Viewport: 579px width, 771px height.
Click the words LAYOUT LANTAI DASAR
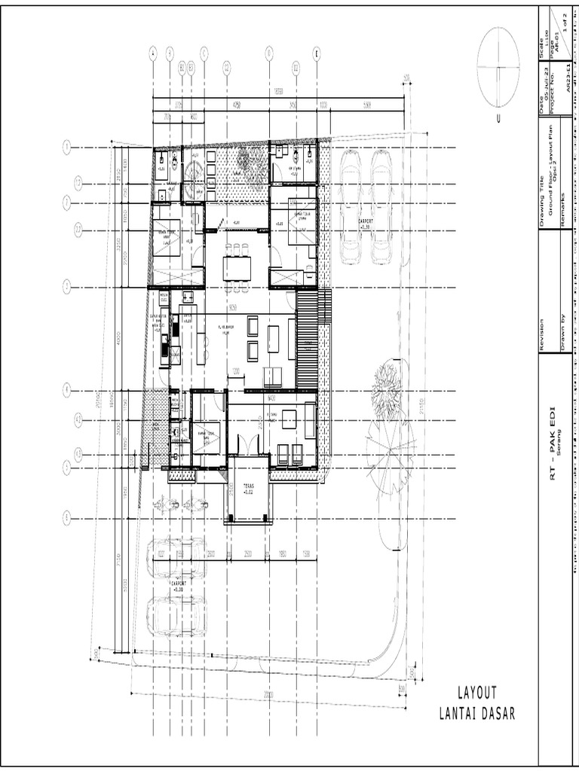[x=477, y=703]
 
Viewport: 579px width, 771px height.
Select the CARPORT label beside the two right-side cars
[x=365, y=224]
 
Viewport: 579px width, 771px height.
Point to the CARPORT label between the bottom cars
[x=178, y=587]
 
